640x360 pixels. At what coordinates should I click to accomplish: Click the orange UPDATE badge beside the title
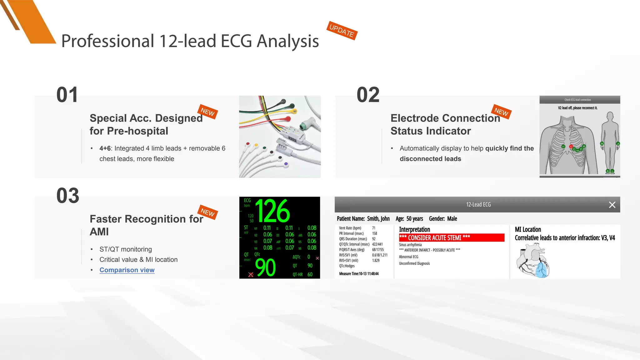(342, 31)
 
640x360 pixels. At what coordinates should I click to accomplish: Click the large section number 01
(67, 95)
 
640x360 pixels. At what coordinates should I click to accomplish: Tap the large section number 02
(368, 95)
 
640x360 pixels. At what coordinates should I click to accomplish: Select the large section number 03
(68, 196)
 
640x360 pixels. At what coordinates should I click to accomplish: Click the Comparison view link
(127, 270)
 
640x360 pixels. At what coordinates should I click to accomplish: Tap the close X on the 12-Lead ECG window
(612, 205)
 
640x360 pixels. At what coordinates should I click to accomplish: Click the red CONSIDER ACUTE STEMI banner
(451, 238)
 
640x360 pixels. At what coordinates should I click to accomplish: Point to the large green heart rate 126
(272, 211)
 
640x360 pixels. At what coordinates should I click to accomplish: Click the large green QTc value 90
(265, 268)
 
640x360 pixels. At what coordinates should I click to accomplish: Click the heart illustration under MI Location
(533, 261)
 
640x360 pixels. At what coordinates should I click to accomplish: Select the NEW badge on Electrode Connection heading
(501, 112)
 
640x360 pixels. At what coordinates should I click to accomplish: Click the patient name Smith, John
(378, 219)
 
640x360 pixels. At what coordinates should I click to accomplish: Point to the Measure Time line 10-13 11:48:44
(359, 274)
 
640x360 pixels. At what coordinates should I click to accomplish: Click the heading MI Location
(528, 229)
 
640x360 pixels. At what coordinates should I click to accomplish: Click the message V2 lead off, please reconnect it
(577, 108)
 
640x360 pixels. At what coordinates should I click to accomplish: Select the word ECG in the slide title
(236, 41)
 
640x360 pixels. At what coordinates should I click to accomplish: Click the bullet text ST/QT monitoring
(126, 249)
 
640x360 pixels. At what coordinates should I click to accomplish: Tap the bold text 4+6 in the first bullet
(105, 148)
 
